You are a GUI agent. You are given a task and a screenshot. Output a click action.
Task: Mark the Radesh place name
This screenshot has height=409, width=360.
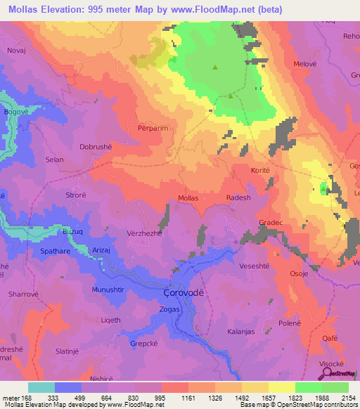click(x=238, y=198)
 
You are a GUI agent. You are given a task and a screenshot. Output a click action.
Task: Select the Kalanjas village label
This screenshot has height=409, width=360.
click(x=242, y=330)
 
